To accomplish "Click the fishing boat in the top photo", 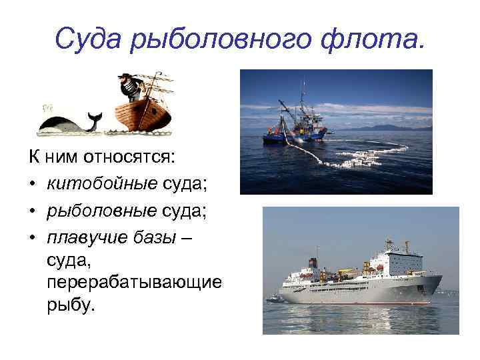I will [x=294, y=127].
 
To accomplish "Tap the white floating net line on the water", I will [x=360, y=157].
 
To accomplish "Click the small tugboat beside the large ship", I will [x=274, y=299].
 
